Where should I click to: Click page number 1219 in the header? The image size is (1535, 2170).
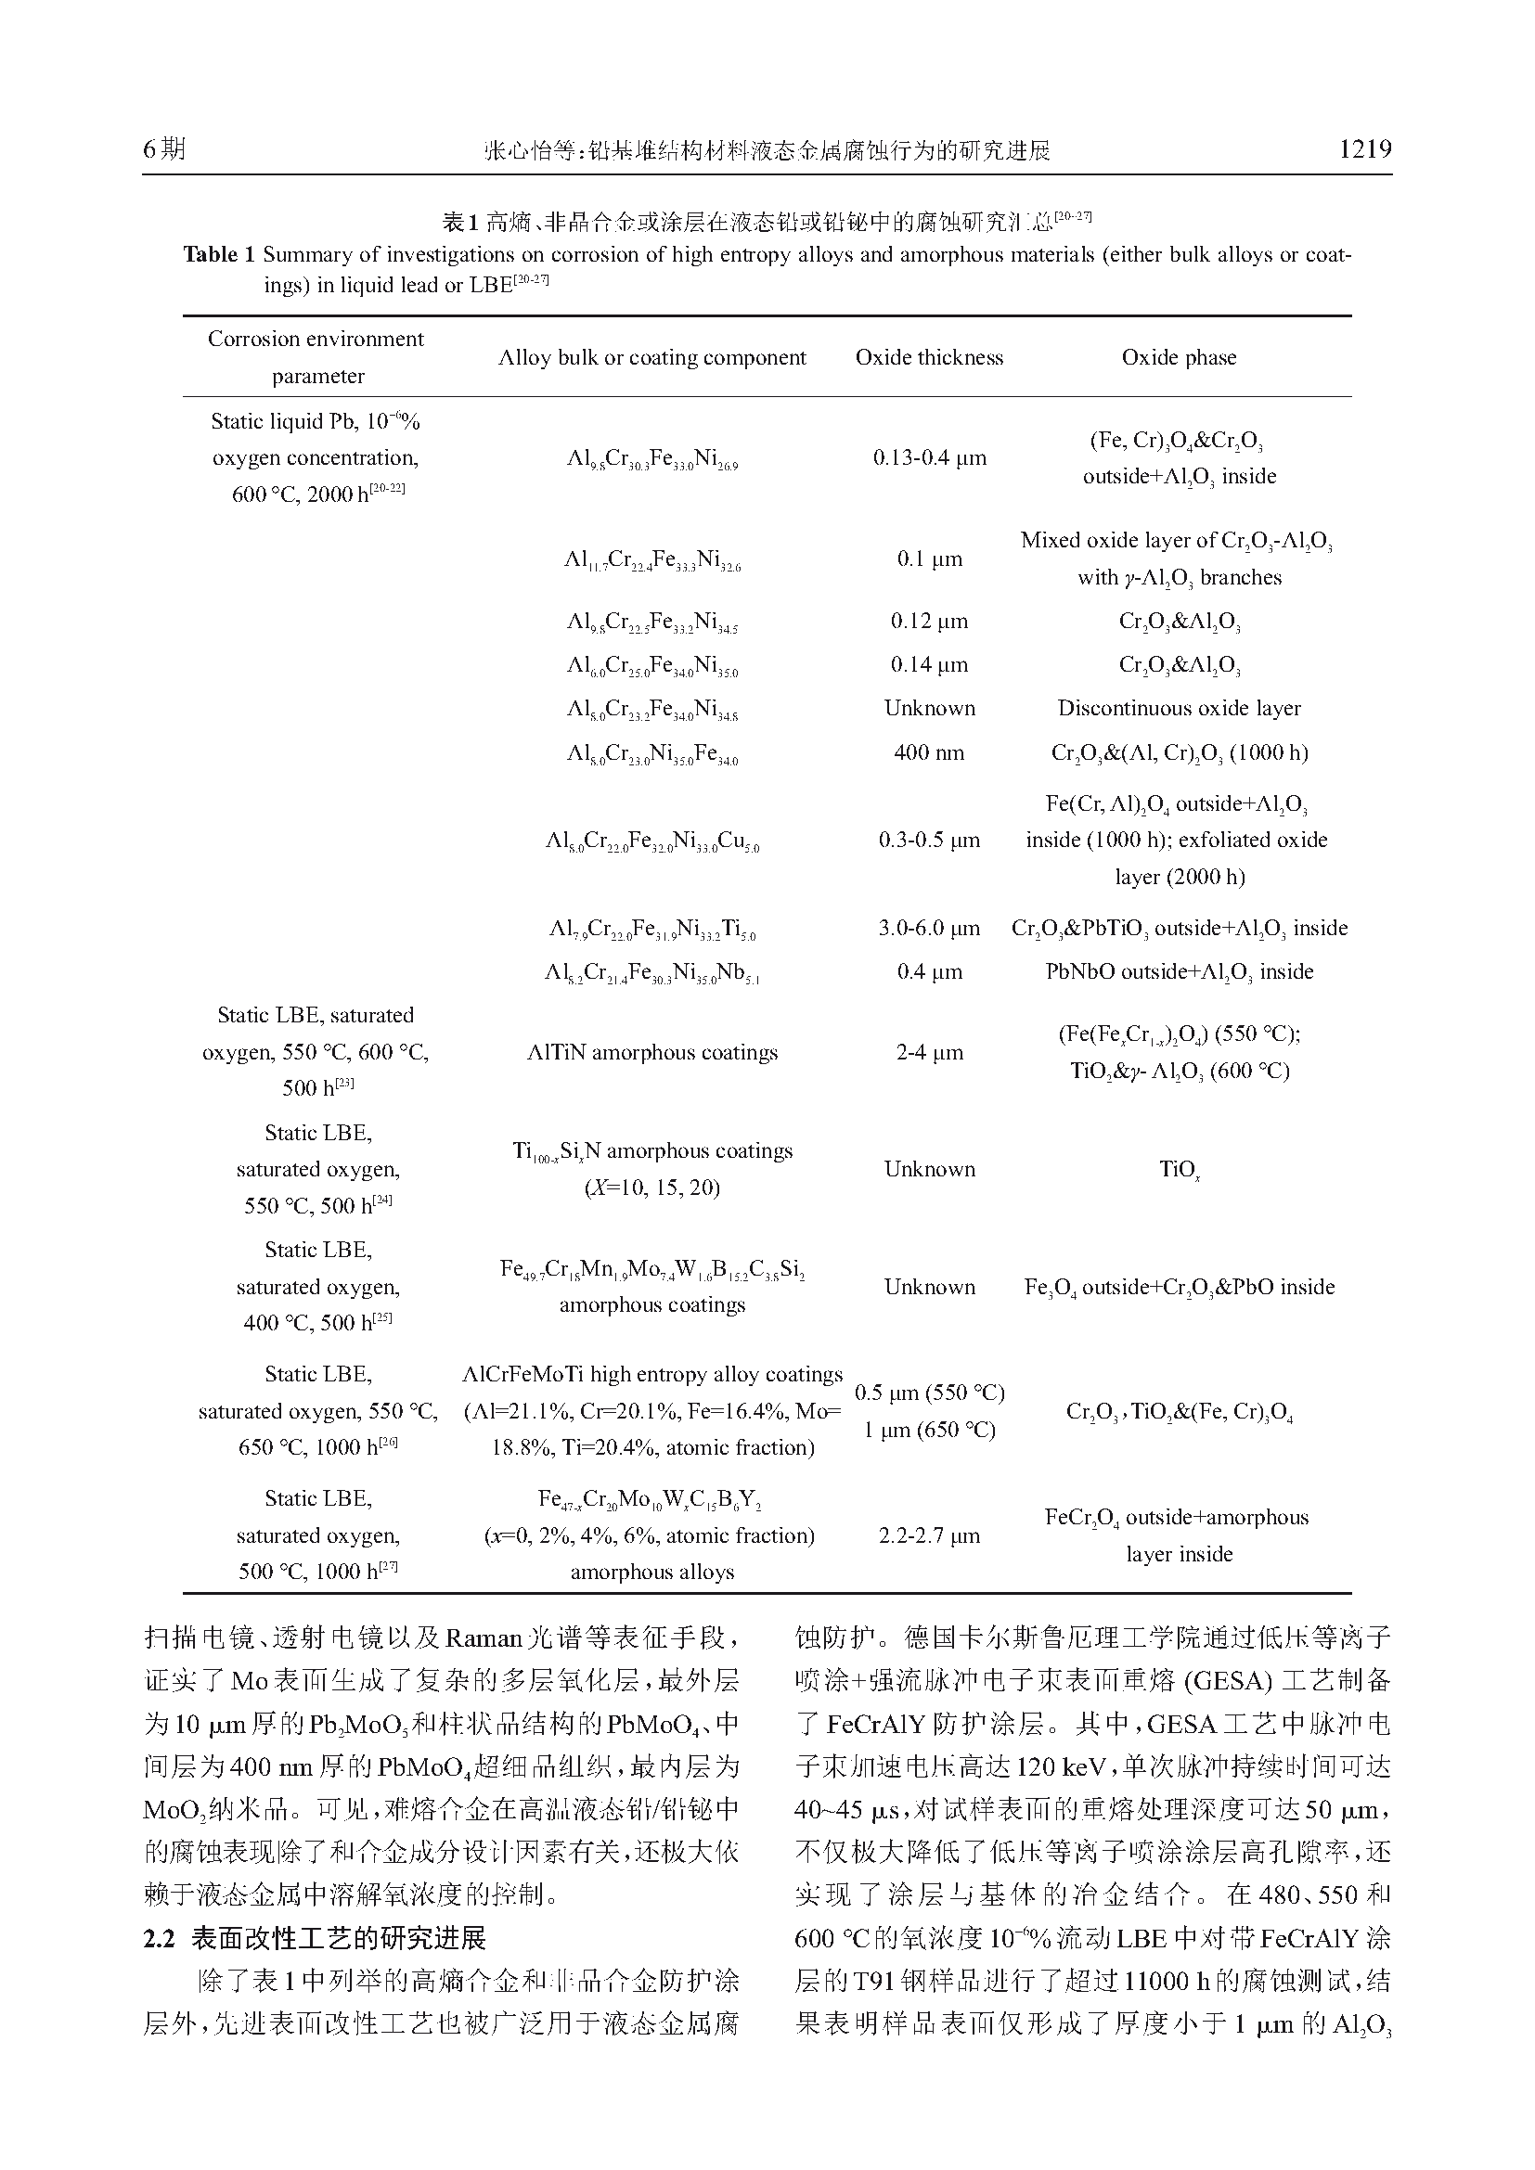[1365, 148]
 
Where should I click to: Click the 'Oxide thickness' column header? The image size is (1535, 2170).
[929, 357]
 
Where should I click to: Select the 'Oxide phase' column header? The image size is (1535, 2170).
[1179, 357]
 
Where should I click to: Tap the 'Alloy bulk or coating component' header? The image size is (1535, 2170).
[652, 357]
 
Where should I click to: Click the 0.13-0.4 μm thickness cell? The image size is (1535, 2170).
[929, 458]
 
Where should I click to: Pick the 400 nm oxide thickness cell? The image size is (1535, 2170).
[929, 753]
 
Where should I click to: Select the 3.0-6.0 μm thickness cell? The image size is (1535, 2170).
[929, 928]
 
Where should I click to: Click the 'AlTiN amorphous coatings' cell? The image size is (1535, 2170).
[652, 1053]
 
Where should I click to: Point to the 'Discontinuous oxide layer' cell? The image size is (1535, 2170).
[1179, 709]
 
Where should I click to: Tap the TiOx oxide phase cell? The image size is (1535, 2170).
[1179, 1170]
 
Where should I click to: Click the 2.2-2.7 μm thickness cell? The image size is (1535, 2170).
[929, 1535]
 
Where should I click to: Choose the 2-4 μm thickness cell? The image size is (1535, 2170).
[929, 1053]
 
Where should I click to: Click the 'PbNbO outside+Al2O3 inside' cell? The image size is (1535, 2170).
[1179, 972]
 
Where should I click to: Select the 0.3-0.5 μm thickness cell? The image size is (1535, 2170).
[929, 841]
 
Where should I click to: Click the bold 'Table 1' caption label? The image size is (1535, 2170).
[219, 254]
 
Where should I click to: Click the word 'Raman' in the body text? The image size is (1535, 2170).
[483, 1637]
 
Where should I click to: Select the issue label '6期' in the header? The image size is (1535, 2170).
[164, 148]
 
